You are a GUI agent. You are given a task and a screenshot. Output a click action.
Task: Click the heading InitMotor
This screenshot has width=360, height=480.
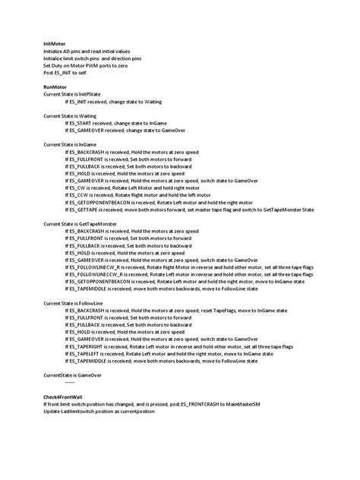55,44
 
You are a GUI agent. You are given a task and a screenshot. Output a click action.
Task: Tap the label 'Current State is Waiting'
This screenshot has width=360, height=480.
71,115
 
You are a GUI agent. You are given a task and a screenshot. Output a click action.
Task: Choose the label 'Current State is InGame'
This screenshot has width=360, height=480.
71,144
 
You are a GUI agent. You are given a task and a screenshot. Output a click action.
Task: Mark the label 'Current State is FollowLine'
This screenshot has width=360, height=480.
74,303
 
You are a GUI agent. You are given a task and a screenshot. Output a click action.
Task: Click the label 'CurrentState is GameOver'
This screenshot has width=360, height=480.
73,375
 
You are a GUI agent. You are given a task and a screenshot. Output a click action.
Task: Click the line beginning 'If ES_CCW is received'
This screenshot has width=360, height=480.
148,194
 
